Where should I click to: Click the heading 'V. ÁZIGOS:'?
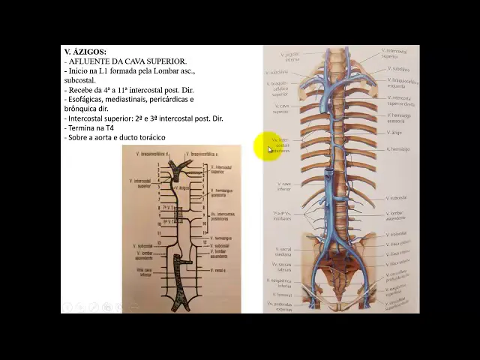85,51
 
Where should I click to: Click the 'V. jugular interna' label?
290,55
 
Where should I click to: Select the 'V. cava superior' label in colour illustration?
280,109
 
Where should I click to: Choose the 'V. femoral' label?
283,295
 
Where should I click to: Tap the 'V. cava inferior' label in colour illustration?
283,185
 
